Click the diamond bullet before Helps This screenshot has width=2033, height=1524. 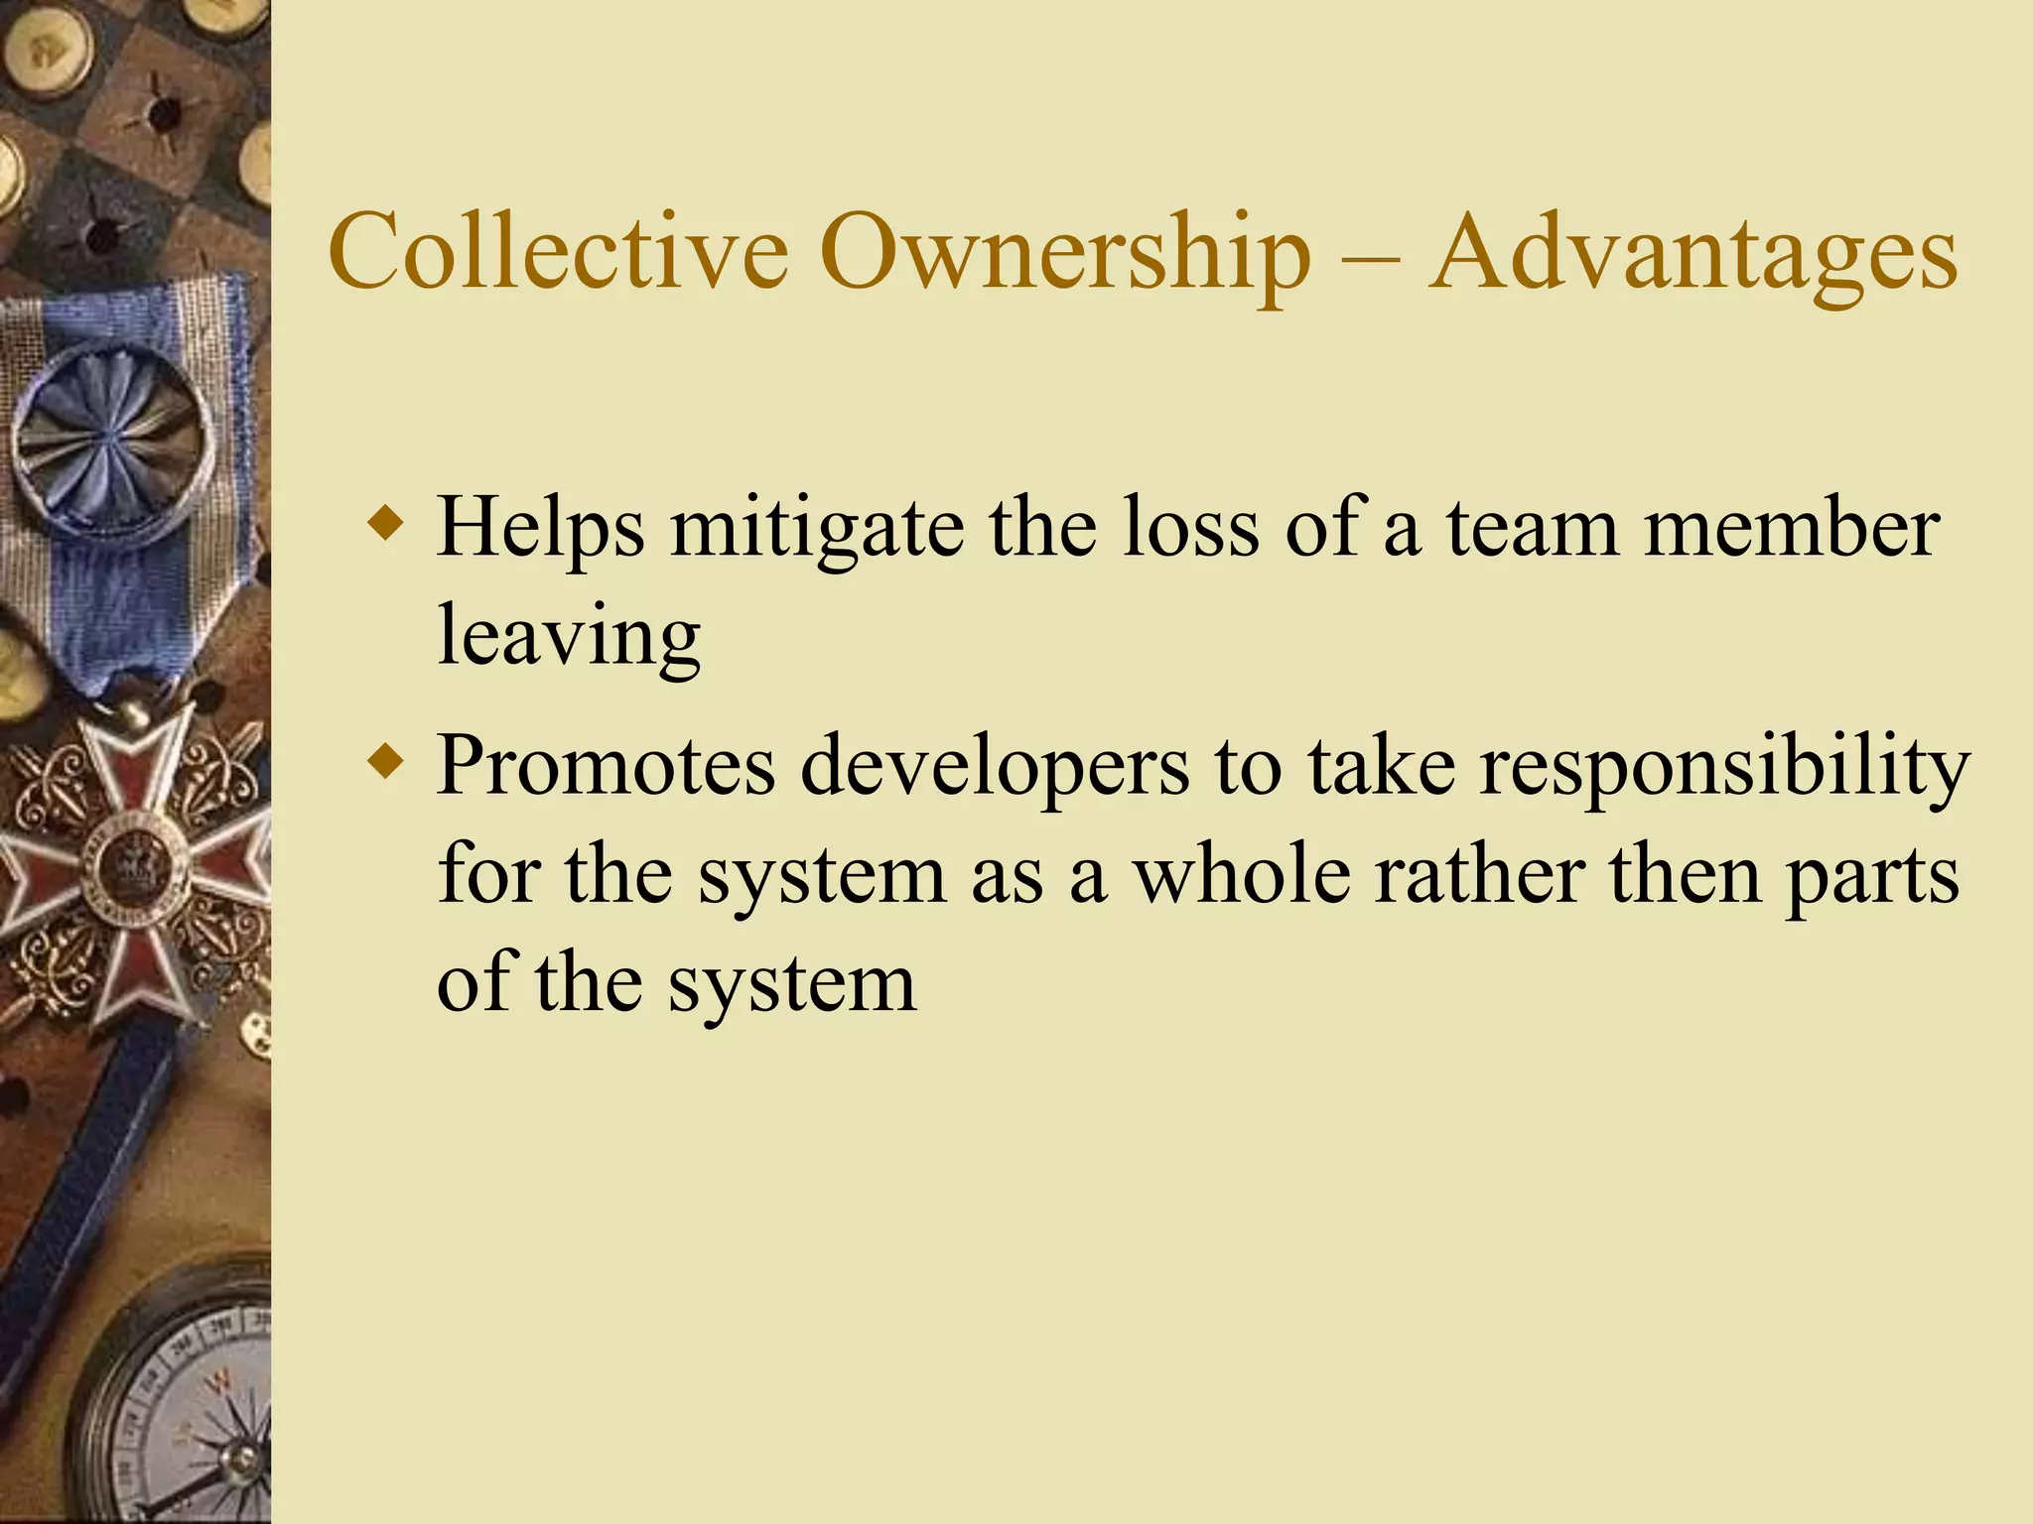pos(385,523)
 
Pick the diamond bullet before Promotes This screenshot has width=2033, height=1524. pos(385,763)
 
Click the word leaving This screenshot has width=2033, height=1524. pos(569,637)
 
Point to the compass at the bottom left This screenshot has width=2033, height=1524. pos(189,1409)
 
